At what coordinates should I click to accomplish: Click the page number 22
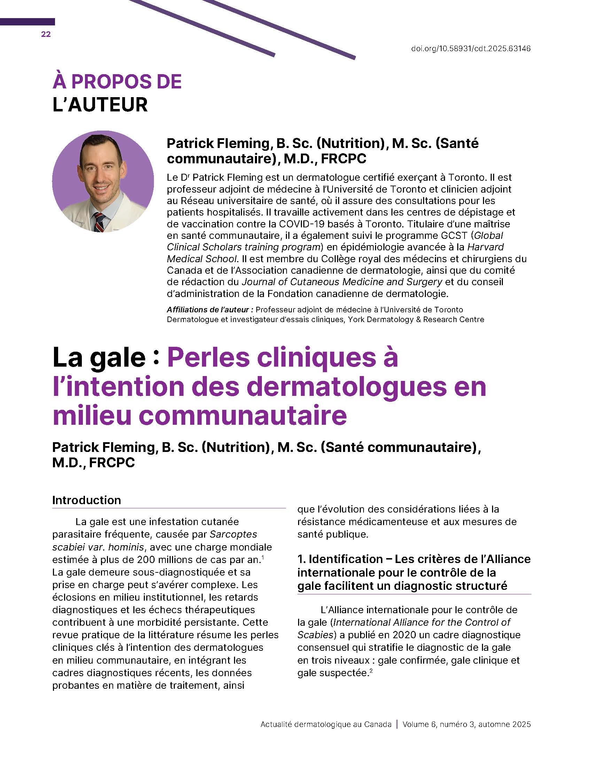click(x=46, y=34)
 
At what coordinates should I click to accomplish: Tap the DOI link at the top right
click(x=471, y=49)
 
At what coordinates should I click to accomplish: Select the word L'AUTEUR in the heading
click(x=100, y=105)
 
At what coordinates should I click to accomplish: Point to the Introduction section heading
click(x=87, y=500)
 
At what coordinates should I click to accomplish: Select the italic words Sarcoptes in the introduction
click(x=234, y=534)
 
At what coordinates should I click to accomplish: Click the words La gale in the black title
click(x=99, y=358)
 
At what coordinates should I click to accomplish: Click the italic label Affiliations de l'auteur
click(x=210, y=310)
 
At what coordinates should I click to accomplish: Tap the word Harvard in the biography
click(x=485, y=247)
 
